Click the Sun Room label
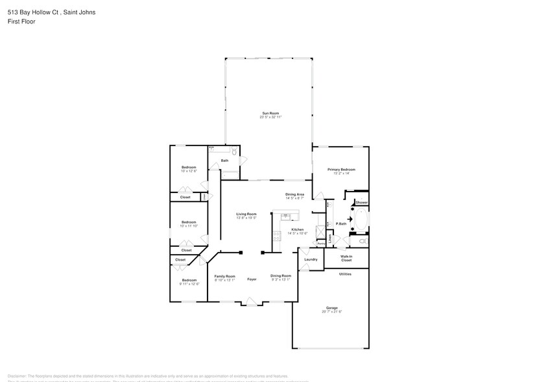click(x=270, y=113)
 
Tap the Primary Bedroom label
click(x=341, y=169)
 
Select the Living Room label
click(x=246, y=214)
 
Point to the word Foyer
click(x=252, y=279)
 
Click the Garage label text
click(x=331, y=308)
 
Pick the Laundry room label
click(x=311, y=259)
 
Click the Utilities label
click(x=345, y=274)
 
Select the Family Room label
click(x=225, y=276)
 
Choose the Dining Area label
click(x=294, y=194)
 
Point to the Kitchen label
click(x=297, y=229)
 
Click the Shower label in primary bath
click(x=361, y=203)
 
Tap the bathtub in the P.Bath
click(x=360, y=220)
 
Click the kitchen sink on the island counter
click(x=285, y=216)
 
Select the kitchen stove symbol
click(x=278, y=237)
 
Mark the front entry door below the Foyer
click(x=252, y=301)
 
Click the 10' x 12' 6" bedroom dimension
click(x=189, y=172)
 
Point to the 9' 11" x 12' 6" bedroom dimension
click(x=189, y=284)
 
